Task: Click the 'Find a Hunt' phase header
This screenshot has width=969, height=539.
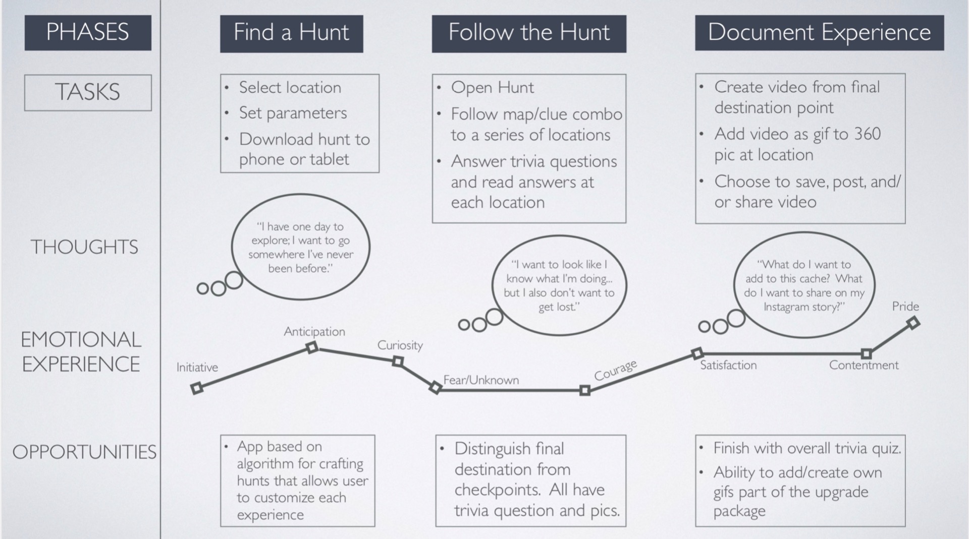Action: [x=291, y=33]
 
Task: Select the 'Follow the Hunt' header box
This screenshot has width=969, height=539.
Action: [x=528, y=33]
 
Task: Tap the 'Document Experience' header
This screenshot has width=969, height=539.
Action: [x=819, y=33]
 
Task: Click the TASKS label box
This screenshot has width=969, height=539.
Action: [x=88, y=92]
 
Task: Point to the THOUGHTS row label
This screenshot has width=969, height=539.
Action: [x=84, y=247]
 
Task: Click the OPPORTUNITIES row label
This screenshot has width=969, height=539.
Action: [x=84, y=452]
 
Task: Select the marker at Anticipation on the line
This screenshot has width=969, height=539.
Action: [x=312, y=347]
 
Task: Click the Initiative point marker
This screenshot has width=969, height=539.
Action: [x=197, y=388]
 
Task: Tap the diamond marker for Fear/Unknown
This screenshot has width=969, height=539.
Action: [x=435, y=388]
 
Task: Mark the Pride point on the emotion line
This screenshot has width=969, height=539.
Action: [x=913, y=323]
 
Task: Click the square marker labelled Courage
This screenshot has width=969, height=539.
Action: [x=585, y=390]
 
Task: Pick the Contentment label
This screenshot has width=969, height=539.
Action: [x=864, y=365]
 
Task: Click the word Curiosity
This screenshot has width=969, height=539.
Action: [x=400, y=345]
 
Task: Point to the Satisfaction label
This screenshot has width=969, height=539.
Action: [x=728, y=365]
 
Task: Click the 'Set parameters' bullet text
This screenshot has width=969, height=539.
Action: [x=293, y=113]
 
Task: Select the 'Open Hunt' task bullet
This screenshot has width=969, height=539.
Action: [x=492, y=87]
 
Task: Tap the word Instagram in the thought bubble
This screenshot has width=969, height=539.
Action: [x=788, y=307]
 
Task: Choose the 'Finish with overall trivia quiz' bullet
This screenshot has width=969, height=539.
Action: [x=807, y=448]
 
